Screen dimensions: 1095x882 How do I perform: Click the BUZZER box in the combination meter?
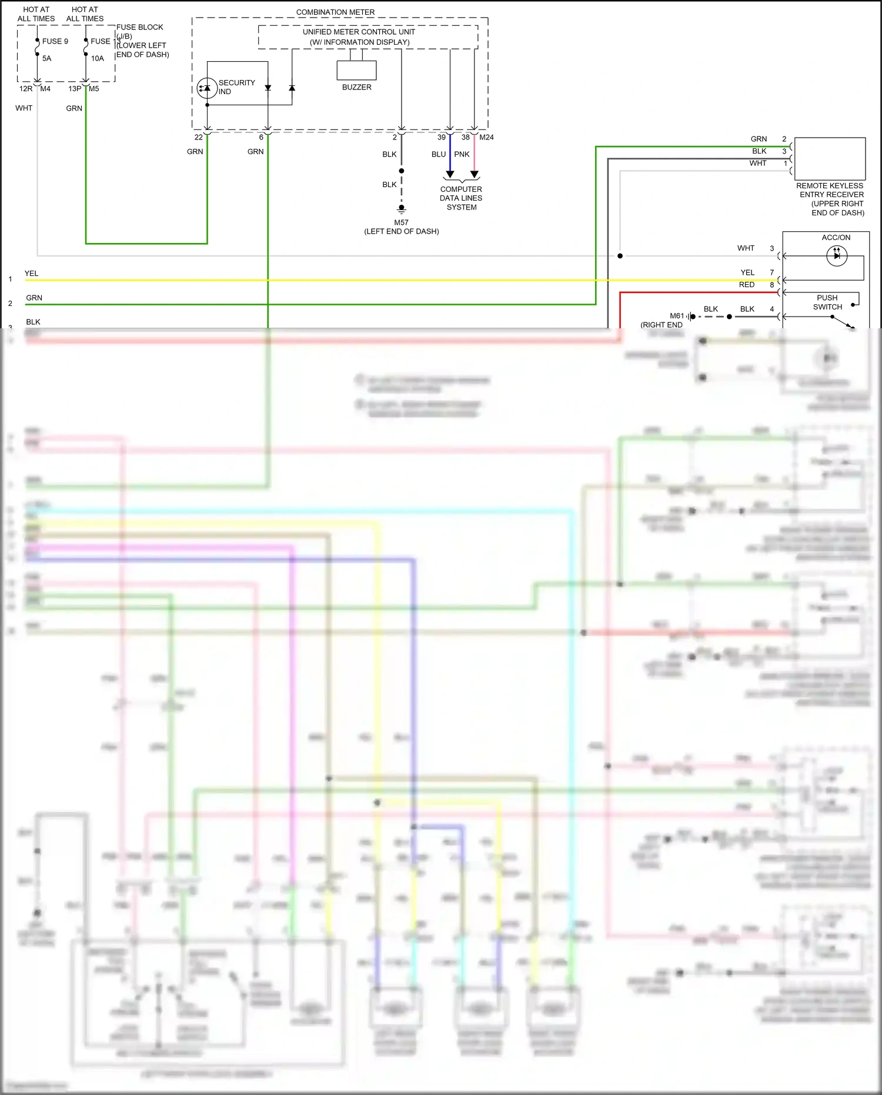(x=356, y=71)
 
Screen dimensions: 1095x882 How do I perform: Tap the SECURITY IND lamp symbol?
(x=207, y=88)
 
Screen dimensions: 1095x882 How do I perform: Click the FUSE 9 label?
(x=55, y=41)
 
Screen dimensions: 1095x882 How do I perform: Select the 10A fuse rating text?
(x=98, y=58)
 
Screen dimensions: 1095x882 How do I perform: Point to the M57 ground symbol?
(x=402, y=208)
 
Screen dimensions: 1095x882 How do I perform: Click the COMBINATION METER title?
(x=335, y=12)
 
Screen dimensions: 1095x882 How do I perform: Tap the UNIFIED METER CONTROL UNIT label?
(x=359, y=32)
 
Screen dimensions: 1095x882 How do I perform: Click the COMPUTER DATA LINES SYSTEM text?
(x=461, y=198)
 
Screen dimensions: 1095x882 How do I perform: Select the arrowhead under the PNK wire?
(x=475, y=174)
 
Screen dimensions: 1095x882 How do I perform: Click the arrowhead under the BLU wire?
(x=450, y=174)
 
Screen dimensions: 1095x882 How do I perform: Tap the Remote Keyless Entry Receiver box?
(x=830, y=158)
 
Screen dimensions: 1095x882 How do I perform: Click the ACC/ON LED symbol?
(x=837, y=255)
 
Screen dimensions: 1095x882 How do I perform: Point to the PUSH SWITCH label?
(x=827, y=302)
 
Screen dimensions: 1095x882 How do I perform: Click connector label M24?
(x=486, y=137)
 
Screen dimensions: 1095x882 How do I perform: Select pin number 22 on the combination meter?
(x=199, y=137)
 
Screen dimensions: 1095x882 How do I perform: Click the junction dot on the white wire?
(x=620, y=256)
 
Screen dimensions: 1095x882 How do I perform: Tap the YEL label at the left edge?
(x=31, y=273)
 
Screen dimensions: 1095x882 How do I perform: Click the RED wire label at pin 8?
(x=747, y=285)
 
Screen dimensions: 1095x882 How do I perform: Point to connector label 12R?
(x=26, y=89)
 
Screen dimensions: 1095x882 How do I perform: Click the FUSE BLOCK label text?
(x=140, y=27)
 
